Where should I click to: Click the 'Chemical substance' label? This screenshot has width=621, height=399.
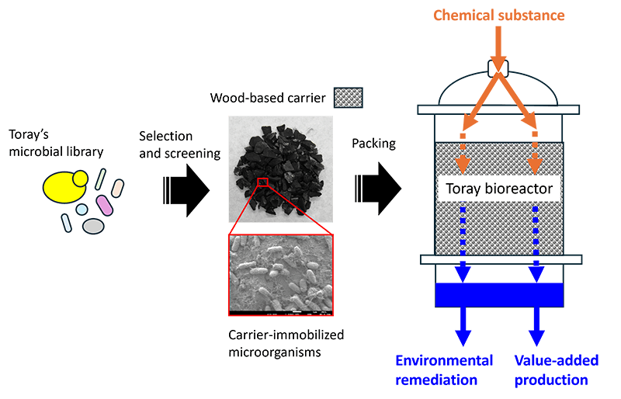[498, 16]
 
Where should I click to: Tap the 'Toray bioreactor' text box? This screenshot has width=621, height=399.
[498, 189]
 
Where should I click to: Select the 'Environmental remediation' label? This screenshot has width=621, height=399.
[444, 370]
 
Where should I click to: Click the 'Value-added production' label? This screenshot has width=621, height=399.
[551, 370]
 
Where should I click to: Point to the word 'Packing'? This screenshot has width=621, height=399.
[374, 144]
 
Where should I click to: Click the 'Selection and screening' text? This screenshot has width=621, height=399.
[179, 144]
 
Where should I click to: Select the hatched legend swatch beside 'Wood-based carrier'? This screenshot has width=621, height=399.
[349, 98]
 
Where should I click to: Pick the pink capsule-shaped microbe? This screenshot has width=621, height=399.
[105, 206]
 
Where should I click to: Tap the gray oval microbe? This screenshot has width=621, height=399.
[93, 226]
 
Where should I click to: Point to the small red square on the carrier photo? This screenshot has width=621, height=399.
[262, 182]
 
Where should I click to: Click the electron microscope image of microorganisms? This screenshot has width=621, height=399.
[280, 275]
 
